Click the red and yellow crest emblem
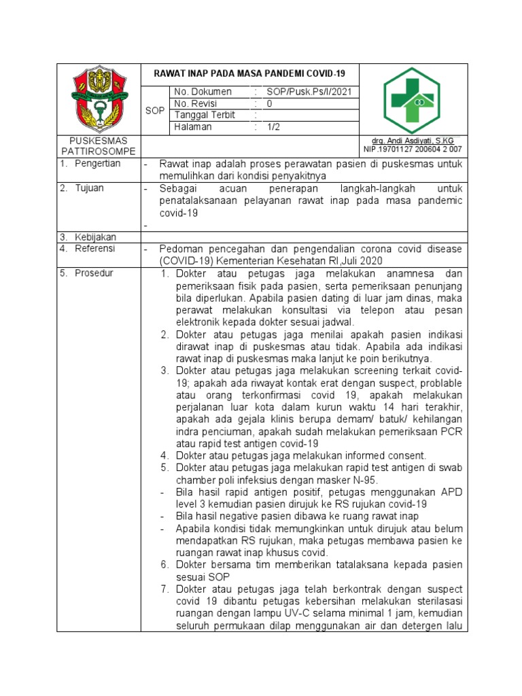pyautogui.click(x=98, y=99)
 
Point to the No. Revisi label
pyautogui.click(x=194, y=104)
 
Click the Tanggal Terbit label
pyautogui.click(x=204, y=116)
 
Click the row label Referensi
pyautogui.click(x=95, y=249)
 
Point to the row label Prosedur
pyautogui.click(x=94, y=273)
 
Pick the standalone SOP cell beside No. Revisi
pyautogui.click(x=155, y=110)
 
